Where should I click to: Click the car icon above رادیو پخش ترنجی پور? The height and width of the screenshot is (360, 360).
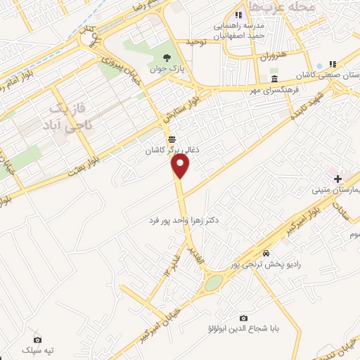[x=265, y=253]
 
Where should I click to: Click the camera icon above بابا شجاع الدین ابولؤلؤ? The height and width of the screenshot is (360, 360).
[x=243, y=318]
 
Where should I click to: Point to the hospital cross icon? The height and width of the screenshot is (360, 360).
[x=338, y=179]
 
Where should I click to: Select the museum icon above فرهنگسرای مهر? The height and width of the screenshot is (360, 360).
[x=274, y=79]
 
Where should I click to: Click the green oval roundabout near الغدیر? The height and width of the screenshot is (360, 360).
[x=213, y=283]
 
